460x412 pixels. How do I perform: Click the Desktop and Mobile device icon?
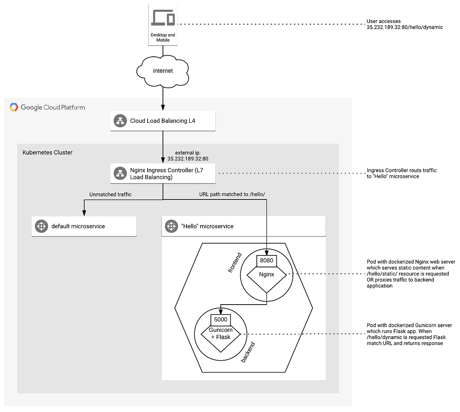(163, 18)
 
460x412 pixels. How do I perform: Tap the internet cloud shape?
(163, 71)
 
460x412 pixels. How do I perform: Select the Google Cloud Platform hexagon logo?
(14, 107)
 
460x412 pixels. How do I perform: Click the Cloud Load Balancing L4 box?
(163, 121)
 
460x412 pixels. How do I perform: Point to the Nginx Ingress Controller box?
(163, 173)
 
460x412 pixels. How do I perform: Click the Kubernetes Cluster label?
(48, 152)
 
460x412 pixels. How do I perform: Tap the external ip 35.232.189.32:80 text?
(188, 156)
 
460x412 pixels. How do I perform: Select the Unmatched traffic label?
(110, 194)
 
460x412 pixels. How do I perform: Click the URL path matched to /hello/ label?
(232, 194)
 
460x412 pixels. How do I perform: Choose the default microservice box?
(84, 226)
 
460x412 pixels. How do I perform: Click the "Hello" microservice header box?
(243, 226)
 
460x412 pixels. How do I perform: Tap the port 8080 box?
(266, 260)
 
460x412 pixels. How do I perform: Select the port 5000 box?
(220, 320)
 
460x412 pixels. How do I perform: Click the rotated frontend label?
(235, 263)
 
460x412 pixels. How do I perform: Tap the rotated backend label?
(248, 352)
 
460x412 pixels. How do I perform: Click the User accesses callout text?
(404, 24)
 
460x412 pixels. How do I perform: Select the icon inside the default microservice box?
(41, 226)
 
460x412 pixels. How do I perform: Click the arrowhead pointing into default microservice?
(84, 214)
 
